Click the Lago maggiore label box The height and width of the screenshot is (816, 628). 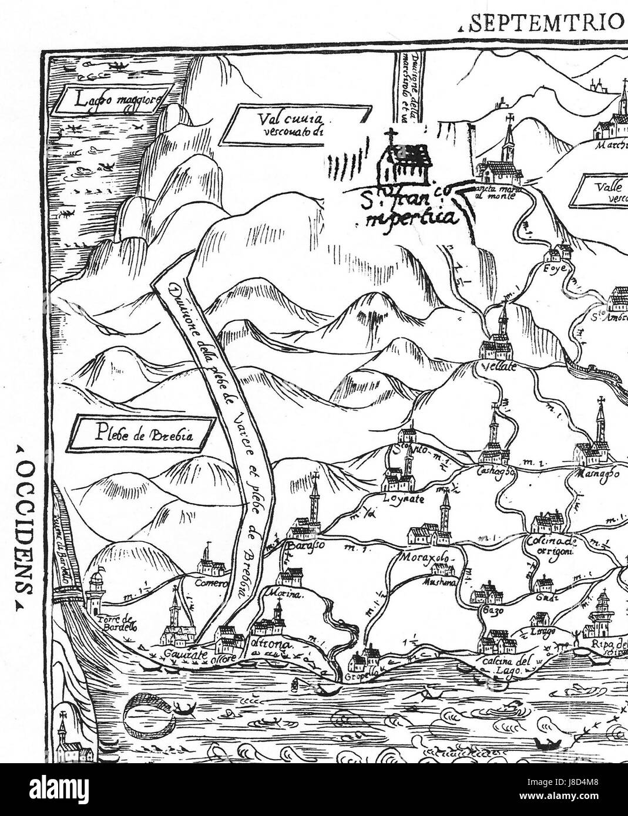coord(111,101)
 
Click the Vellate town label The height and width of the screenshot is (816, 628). coord(499,367)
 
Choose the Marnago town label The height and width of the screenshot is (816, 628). coord(597,473)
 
